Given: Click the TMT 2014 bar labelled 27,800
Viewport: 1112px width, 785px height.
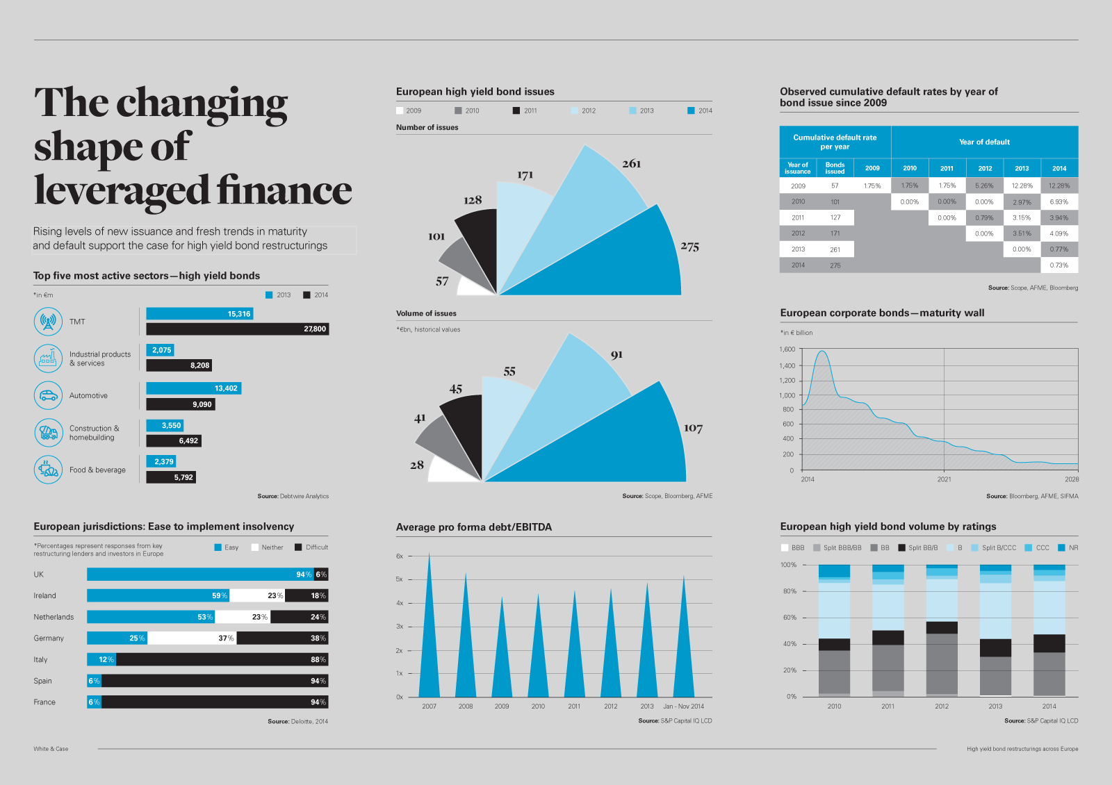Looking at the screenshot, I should pos(237,329).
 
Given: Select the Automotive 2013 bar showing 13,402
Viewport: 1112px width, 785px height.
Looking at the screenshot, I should pos(193,388).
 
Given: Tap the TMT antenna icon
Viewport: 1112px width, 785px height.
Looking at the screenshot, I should pos(48,322).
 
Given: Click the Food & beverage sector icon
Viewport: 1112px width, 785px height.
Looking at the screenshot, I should pos(48,470).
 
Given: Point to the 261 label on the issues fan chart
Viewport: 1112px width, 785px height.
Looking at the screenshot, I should pos(631,164).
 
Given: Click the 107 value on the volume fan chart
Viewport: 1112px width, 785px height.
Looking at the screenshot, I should pos(693,428).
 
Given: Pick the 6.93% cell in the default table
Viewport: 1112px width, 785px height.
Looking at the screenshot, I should pos(1059,201).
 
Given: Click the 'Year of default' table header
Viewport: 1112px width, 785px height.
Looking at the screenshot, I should pos(984,142).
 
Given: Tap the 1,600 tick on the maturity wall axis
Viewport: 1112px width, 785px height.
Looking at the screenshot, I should pos(787,349).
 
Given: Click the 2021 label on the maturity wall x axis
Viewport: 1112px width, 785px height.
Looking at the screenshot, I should pos(944,479).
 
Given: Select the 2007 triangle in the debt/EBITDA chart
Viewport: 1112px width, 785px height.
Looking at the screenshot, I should pos(429,639).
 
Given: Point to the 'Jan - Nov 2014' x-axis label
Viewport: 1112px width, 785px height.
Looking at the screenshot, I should pos(683,706).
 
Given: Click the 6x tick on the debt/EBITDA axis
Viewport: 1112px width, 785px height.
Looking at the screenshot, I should pos(400,556).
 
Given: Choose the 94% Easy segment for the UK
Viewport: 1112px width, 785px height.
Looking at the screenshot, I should pos(200,575).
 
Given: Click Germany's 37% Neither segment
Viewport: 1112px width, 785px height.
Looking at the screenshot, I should pos(192,638).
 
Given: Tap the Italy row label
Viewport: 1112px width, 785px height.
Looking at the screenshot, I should pos(41,660).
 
